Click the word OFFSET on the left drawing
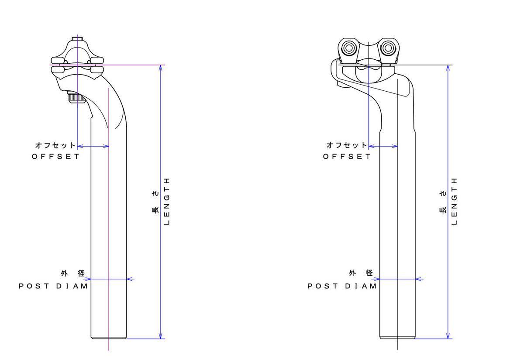point(56,156)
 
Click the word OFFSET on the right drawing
point(347,156)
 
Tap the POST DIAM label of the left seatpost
point(53,286)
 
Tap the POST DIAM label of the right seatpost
point(342,286)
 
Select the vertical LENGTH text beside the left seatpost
point(166,201)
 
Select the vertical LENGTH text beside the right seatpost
point(454,201)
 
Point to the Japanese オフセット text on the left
point(55,145)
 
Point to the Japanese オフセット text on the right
point(347,145)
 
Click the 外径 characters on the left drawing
point(72,274)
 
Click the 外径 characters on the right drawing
point(361,274)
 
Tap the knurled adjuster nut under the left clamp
point(76,98)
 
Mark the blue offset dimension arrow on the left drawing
point(93,146)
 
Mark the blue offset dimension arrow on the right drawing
point(383,146)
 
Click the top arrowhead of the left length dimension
point(161,68)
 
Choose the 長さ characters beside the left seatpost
point(155,205)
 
